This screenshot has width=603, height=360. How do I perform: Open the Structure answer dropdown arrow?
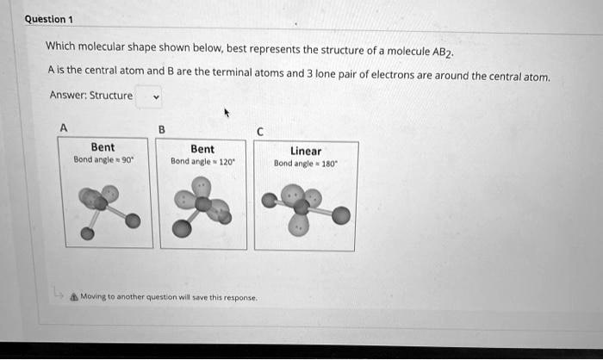[156, 96]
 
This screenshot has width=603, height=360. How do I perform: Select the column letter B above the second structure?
[162, 130]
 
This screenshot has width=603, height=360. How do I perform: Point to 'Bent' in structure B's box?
[202, 149]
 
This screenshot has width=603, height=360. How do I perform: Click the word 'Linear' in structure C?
[306, 151]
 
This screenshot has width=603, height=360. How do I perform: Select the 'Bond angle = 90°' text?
[103, 160]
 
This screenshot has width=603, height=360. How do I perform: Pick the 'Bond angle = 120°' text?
[202, 161]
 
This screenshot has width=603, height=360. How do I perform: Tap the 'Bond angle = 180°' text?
[305, 163]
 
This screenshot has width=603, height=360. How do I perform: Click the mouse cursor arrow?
[227, 113]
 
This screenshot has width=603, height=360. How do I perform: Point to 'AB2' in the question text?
[441, 51]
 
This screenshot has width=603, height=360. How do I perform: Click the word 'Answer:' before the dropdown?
[65, 96]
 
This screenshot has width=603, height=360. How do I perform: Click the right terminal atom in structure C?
[341, 215]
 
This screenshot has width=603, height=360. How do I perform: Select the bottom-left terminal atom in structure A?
[87, 234]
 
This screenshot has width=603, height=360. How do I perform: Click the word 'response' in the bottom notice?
[239, 297]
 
